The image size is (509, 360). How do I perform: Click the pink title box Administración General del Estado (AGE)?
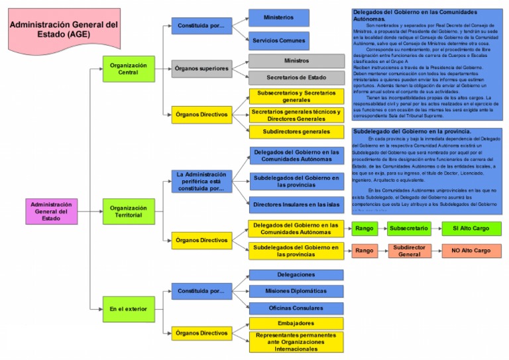point(64,30)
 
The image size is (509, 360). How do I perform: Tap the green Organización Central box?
point(128,70)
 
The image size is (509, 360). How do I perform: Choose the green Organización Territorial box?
point(128,211)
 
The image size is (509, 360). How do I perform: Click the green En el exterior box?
point(128,309)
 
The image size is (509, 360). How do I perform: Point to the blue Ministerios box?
point(278,18)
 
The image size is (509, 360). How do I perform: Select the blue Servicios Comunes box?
point(278,40)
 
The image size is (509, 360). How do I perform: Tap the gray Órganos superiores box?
point(201,69)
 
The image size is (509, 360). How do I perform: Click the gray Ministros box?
point(296,61)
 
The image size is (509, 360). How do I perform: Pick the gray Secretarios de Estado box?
point(296,78)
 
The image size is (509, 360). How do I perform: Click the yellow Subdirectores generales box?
point(296,131)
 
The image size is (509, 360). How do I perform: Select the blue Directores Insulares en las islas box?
point(296,204)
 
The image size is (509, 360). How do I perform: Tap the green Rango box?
point(364,229)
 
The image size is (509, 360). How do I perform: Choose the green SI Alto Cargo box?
point(471,229)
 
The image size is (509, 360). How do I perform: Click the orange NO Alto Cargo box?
point(471,251)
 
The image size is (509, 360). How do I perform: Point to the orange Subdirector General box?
point(412,251)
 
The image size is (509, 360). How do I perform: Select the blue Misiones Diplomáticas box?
point(296,291)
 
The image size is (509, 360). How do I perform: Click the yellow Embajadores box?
point(296,324)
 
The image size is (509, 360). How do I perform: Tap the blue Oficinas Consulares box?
point(296,308)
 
